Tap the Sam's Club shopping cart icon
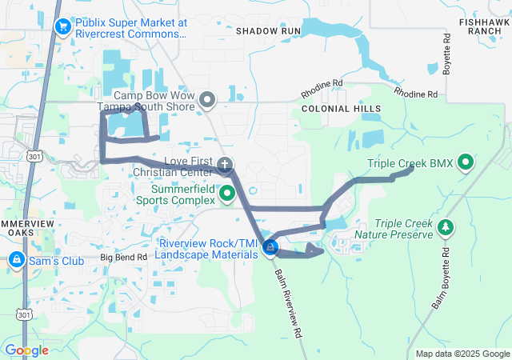pos(17,260)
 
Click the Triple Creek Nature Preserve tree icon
pos(446,230)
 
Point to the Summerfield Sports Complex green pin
pos(227,192)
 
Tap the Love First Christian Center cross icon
pos(226,166)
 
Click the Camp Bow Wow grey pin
pos(207,100)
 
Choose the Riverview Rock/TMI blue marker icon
pos(271,248)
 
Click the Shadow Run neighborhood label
pos(268,30)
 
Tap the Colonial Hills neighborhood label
pos(341,108)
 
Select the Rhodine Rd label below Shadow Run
pos(322,83)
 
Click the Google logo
pos(26,350)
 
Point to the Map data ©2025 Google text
pos(462,354)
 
